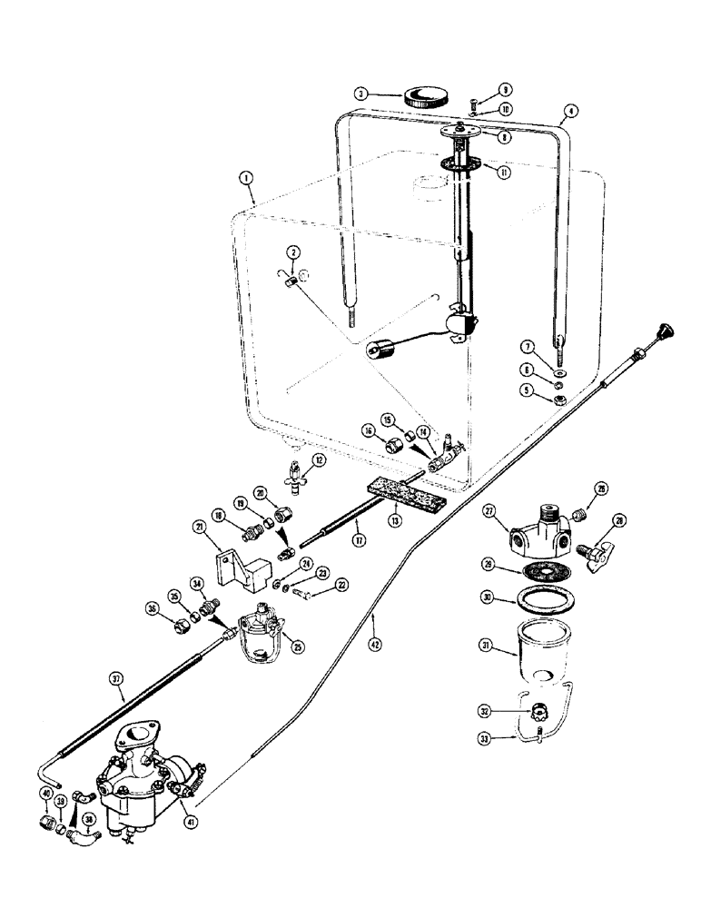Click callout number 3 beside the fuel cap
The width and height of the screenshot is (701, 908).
360,93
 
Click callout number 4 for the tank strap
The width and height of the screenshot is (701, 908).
569,114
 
